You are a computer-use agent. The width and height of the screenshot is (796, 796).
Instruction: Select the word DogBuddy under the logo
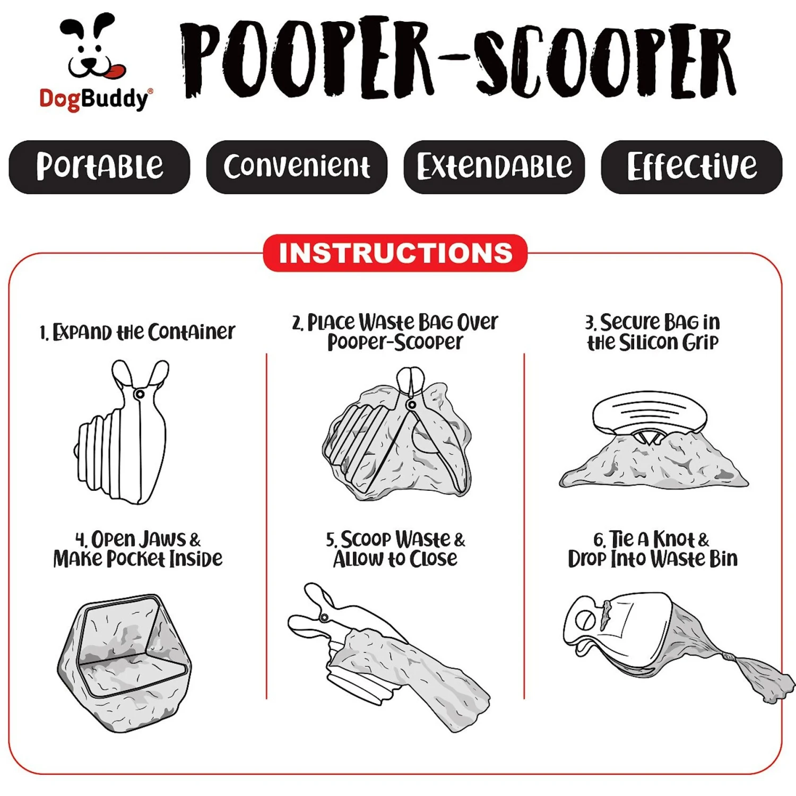94,99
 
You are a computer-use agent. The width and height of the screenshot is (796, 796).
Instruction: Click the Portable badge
99,167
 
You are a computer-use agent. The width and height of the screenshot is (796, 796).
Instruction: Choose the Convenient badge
297,167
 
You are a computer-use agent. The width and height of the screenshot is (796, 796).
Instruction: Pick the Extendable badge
494,167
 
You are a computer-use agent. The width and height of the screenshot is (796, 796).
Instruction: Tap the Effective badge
691,167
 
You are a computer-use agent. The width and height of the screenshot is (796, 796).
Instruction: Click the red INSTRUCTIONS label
395,253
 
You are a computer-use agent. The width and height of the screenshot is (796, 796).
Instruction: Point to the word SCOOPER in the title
605,61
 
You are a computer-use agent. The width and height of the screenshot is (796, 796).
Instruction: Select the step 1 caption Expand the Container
137,333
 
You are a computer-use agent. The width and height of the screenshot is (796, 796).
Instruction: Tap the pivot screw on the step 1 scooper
140,394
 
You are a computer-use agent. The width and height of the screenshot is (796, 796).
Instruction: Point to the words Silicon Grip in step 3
669,342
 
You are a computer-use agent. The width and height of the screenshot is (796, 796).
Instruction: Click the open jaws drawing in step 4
124,663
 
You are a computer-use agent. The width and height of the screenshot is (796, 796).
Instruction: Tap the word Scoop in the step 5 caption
366,540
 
